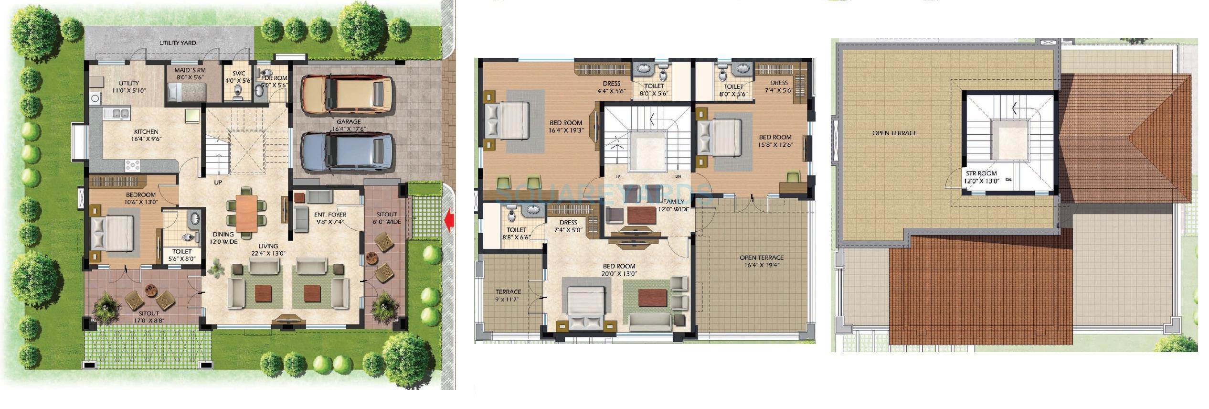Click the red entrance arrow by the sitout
pyautogui.click(x=448, y=221)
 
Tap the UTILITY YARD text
pyautogui.click(x=177, y=43)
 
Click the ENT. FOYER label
pyautogui.click(x=330, y=218)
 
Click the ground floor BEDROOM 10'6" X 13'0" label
pyautogui.click(x=140, y=198)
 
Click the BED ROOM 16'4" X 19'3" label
pyautogui.click(x=565, y=126)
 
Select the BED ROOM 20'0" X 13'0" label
pyautogui.click(x=618, y=270)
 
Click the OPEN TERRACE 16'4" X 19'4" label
pyautogui.click(x=761, y=261)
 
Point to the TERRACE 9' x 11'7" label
pyautogui.click(x=508, y=295)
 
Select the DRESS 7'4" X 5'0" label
pyautogui.click(x=568, y=226)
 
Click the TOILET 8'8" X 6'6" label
pyautogui.click(x=516, y=233)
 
